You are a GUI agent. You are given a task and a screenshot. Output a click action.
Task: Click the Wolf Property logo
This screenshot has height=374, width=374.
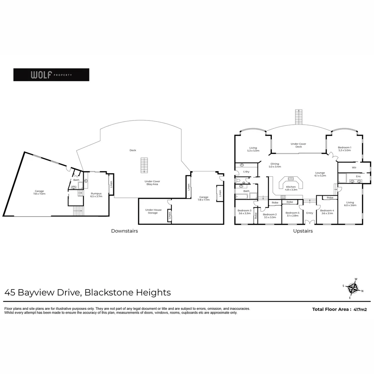[x=51, y=75]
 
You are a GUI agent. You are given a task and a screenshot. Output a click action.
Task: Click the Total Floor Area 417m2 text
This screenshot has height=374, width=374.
[x=339, y=310]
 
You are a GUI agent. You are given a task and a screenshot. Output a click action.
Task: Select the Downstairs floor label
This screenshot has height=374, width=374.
[x=124, y=231]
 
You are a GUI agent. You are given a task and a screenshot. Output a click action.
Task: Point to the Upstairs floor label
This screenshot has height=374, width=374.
[x=302, y=231]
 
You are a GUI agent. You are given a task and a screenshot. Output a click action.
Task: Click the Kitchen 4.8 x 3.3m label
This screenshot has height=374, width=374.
[x=291, y=188]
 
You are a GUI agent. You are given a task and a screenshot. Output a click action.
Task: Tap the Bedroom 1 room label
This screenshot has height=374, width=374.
[x=344, y=149]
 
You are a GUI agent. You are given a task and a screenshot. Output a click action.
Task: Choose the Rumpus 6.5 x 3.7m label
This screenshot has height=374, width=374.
[x=96, y=195]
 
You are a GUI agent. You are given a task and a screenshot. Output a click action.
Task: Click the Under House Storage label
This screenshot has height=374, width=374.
[x=153, y=211]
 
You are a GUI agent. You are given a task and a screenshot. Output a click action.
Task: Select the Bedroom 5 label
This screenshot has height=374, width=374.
[x=292, y=214]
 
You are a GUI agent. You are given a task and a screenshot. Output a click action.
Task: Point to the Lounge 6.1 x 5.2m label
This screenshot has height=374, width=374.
[x=320, y=174]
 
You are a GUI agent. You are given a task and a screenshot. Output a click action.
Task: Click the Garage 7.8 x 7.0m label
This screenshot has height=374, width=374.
[x=39, y=192]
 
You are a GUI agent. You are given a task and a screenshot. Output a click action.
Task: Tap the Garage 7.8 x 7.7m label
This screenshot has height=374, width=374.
[x=204, y=198]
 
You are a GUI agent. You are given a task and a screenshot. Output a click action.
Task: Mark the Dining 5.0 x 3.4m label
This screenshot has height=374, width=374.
[x=275, y=165]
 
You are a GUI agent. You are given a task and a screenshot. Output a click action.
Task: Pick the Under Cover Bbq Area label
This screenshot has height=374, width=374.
[x=152, y=182]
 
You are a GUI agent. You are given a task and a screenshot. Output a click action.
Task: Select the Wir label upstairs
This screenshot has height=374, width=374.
[x=354, y=167]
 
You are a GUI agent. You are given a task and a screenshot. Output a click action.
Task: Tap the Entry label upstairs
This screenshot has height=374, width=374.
[x=309, y=213]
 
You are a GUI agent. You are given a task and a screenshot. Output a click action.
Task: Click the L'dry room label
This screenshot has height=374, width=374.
[x=246, y=172]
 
